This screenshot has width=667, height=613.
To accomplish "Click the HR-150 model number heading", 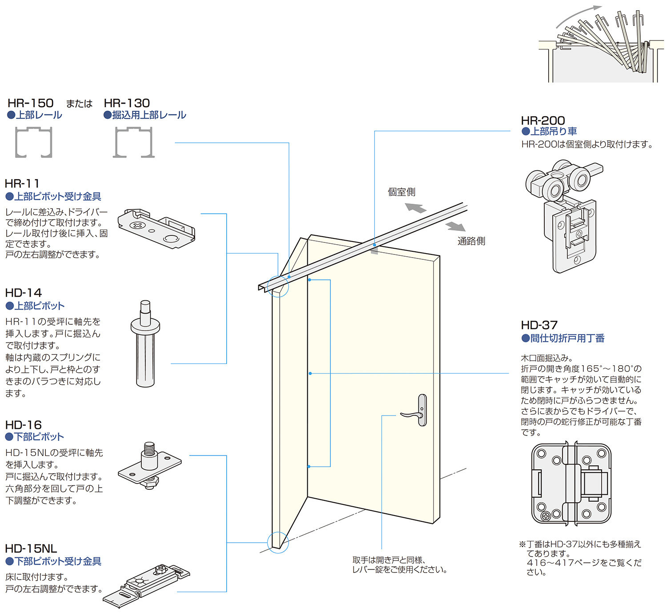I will coord(31,103).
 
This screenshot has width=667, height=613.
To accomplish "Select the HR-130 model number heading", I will coord(127,103).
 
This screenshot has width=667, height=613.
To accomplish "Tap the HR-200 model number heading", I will coord(542,121).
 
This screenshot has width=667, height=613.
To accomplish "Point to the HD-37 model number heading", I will coord(539,325).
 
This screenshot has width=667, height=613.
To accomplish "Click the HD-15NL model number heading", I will coord(31,548).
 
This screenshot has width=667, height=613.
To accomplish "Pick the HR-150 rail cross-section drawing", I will coord(34,142).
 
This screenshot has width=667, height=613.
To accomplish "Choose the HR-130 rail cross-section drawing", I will coord(134,142).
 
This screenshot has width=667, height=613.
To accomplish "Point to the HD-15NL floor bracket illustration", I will coord(147,585).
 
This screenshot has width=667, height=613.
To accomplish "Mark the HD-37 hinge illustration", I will coord(571,483).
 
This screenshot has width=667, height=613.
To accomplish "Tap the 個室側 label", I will coord(401,192).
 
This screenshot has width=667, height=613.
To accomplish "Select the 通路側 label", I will coord(471,241).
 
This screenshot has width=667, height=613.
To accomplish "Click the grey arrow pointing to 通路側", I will coord(455,226).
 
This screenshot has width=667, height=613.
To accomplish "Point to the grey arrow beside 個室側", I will coord(416,208).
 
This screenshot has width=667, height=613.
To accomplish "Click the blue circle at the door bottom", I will coord(278,542).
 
